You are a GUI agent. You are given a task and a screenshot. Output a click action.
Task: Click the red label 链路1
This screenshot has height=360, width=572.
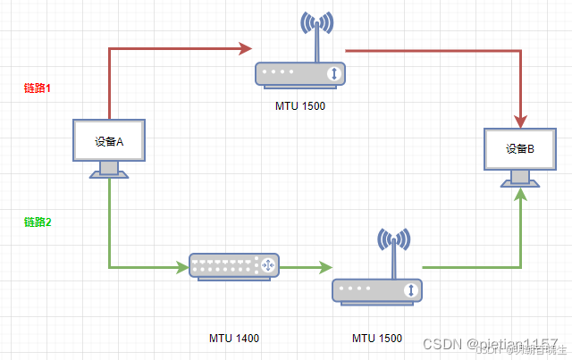tap(38, 88)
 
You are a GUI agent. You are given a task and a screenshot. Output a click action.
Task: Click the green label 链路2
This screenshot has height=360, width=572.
tap(38, 222)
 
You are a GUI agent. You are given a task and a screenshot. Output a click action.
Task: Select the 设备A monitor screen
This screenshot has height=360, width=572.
tap(108, 140)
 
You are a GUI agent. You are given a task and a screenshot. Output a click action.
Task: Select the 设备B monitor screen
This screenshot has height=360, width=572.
tap(519, 149)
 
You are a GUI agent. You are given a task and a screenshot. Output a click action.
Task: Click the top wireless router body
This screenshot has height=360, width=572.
tap(299, 74)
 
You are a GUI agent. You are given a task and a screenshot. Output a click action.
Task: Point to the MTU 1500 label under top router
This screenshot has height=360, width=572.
tap(300, 106)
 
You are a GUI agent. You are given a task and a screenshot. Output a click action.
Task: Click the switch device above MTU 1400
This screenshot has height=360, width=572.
tap(234, 265)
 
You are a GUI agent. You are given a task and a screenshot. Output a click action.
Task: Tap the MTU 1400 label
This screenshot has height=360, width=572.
tap(234, 339)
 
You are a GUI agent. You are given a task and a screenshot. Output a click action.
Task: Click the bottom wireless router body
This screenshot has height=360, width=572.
tap(376, 290)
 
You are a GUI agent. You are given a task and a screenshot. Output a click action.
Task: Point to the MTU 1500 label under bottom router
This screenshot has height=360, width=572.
tap(377, 339)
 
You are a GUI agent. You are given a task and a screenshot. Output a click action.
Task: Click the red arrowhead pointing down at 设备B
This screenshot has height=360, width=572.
tap(520, 120)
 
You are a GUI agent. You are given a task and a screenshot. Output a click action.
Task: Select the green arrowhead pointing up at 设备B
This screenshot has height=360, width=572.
tap(520, 195)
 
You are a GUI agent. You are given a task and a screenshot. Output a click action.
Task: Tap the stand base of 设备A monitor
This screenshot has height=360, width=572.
tap(108, 174)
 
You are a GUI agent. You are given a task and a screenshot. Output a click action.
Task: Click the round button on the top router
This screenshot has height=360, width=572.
tap(332, 74)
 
